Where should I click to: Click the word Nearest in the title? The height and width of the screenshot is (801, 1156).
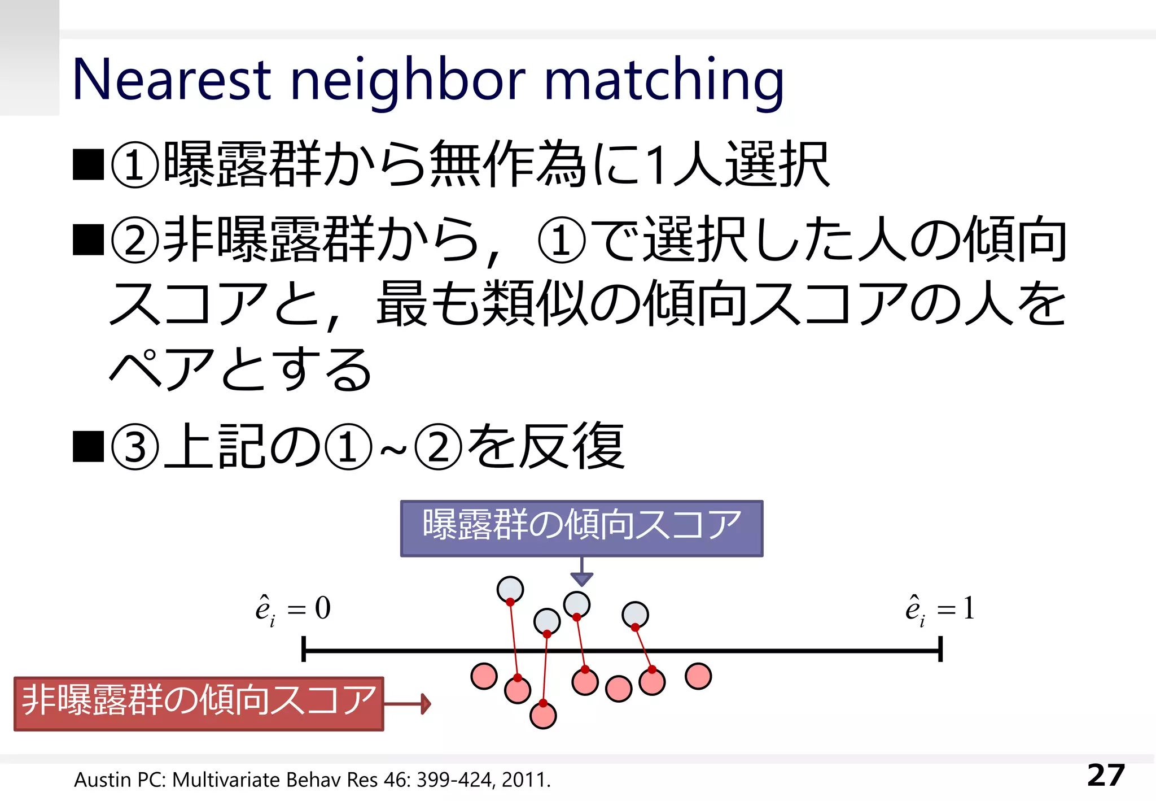(172, 80)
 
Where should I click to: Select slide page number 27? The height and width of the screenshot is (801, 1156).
(1106, 776)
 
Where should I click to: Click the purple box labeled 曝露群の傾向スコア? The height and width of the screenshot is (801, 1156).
(581, 528)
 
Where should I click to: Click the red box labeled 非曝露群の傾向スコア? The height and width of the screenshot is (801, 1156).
(199, 703)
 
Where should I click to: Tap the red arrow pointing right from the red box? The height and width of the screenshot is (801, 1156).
(408, 704)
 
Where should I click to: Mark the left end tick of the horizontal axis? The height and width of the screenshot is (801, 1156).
(304, 649)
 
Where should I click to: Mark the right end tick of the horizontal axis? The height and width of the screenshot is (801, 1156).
(940, 649)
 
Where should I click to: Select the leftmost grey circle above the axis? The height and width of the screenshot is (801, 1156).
(510, 589)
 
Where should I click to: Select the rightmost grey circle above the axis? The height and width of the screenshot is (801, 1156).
(635, 615)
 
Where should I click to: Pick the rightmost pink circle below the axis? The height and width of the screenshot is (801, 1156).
(698, 676)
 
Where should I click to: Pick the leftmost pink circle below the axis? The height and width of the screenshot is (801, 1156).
(484, 676)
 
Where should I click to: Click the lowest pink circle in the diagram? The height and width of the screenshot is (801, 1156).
(543, 715)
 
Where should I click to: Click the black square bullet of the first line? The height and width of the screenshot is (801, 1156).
(89, 164)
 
